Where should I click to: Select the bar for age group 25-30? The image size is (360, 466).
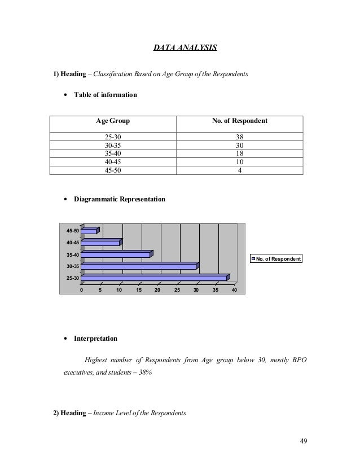tap(153, 278)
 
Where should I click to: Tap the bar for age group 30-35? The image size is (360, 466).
tap(138, 266)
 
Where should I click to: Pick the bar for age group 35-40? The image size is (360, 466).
tap(115, 254)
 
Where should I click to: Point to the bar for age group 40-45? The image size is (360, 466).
tap(100, 243)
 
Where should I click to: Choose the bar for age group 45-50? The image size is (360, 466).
tap(89, 231)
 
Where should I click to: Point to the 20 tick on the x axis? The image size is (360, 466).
tap(157, 290)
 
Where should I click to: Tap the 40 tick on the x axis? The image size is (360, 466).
tap(234, 290)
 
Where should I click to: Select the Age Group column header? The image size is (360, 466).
tap(112, 121)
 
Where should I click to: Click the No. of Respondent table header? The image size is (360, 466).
tap(240, 121)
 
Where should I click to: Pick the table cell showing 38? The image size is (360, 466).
tap(240, 137)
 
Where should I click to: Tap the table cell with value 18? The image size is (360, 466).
tap(240, 153)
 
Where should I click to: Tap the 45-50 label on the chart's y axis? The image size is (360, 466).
tap(72, 231)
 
